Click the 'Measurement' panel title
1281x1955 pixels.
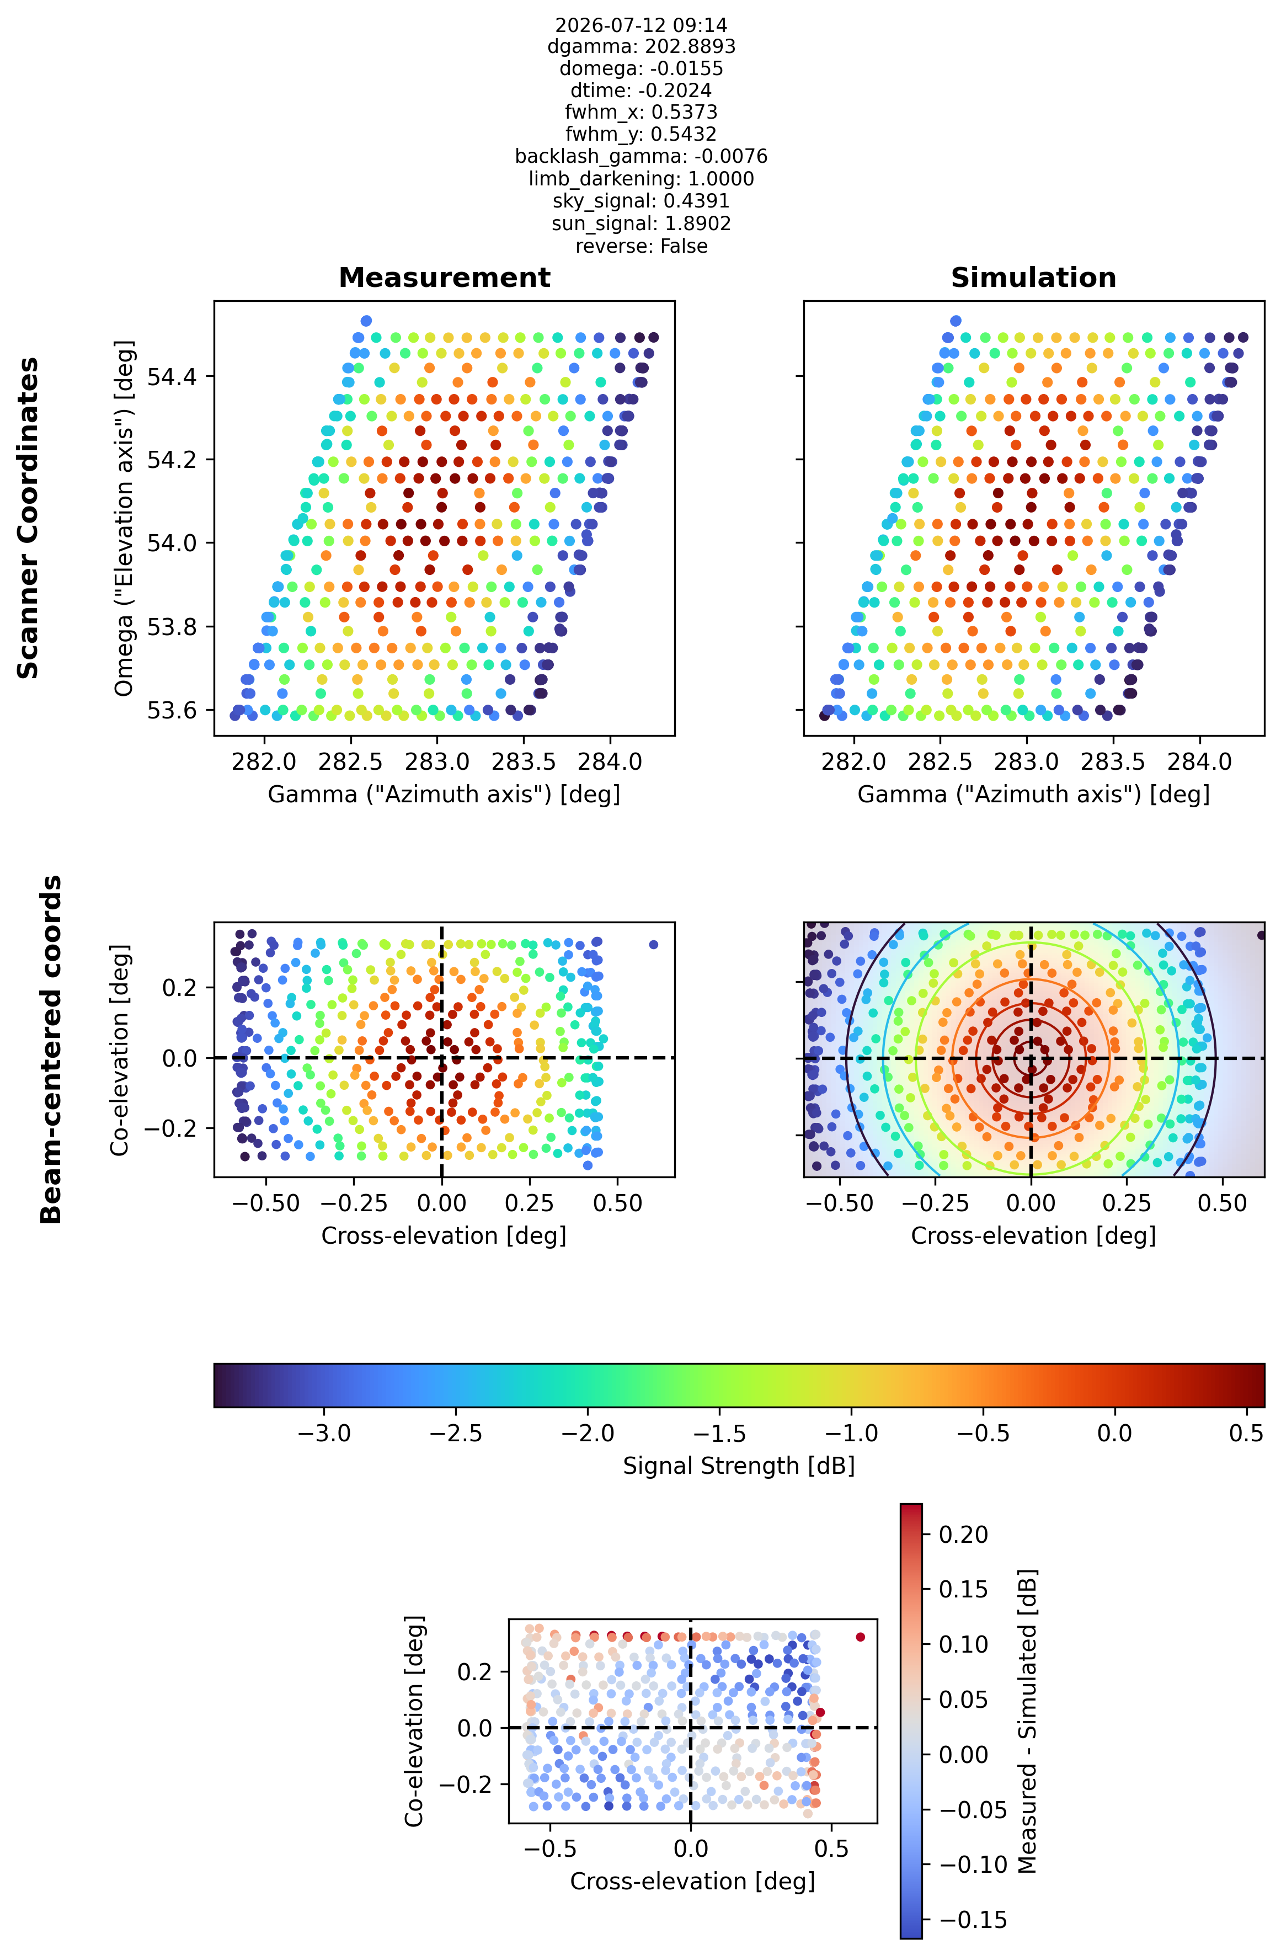click(444, 278)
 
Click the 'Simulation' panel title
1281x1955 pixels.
click(1033, 278)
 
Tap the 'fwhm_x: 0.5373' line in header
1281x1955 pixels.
click(640, 111)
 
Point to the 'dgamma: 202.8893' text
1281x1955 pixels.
click(640, 46)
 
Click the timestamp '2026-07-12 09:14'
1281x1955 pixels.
click(640, 25)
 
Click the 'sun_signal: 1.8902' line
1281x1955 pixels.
click(640, 223)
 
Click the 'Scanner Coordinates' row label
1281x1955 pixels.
click(29, 518)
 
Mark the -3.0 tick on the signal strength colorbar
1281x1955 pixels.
click(324, 1434)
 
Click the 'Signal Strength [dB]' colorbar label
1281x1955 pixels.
click(738, 1466)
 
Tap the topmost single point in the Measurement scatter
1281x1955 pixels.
click(366, 321)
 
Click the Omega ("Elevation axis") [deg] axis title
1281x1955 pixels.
click(124, 518)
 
